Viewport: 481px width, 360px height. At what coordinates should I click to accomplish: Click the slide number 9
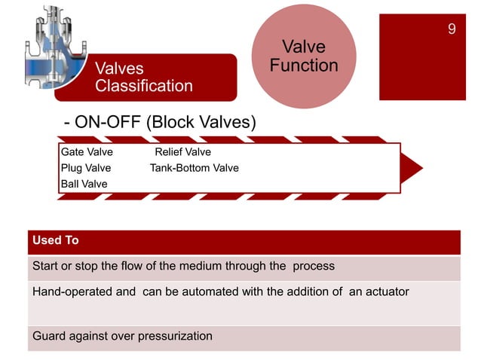tap(451, 29)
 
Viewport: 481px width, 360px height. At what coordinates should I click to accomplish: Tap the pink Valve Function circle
tap(303, 56)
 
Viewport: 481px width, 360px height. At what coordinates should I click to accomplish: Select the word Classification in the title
tap(144, 86)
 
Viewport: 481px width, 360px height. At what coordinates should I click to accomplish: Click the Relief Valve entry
tap(182, 152)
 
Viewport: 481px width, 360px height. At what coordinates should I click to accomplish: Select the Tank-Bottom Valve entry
tap(194, 168)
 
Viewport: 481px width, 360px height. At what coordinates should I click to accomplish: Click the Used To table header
tap(56, 241)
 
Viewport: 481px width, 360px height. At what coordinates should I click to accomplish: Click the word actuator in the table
tap(386, 291)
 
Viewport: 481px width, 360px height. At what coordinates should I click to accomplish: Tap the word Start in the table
tap(45, 267)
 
